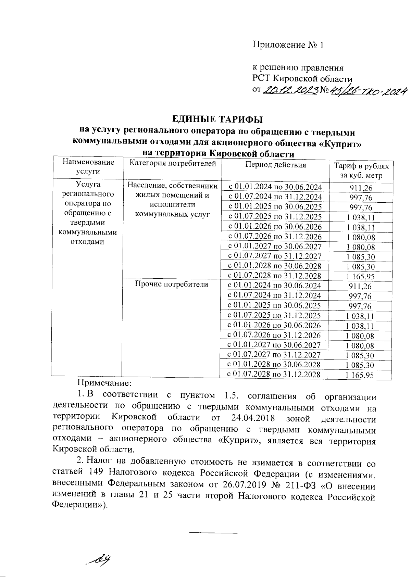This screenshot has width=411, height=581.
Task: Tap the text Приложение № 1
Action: point(288,45)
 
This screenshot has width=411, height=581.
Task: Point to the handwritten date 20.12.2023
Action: point(290,90)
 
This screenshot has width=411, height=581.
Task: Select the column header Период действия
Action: point(275,165)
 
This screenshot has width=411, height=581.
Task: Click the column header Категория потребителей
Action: point(172,164)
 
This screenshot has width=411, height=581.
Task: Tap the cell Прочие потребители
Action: point(171,284)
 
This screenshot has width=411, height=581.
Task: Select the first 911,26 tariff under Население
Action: point(361,188)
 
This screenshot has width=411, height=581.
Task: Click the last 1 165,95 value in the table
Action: point(359,375)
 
